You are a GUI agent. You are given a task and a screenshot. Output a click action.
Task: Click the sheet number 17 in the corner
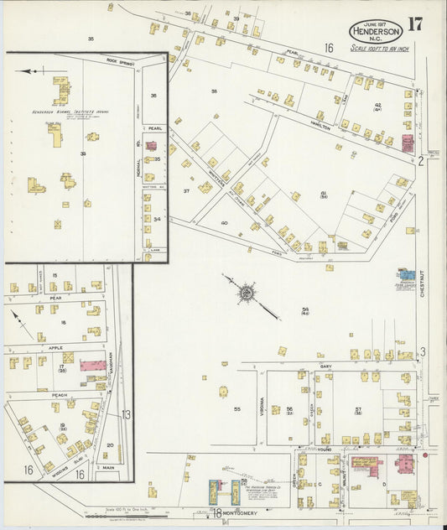point(415,24)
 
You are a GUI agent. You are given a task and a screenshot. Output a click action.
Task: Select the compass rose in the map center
point(247,294)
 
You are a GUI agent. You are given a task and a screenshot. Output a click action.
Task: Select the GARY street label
point(326,366)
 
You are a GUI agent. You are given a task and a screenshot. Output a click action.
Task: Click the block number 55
point(237,408)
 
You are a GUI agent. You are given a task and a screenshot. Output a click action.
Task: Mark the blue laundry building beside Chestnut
point(406,274)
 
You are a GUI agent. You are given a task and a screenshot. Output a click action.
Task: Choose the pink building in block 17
point(93,366)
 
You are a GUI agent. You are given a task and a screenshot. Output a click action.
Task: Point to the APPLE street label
point(55,346)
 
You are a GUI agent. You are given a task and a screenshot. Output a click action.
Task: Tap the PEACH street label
point(60,394)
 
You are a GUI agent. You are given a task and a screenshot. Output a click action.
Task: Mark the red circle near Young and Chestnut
point(425,455)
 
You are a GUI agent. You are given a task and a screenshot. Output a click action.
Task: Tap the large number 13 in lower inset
point(126,414)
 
